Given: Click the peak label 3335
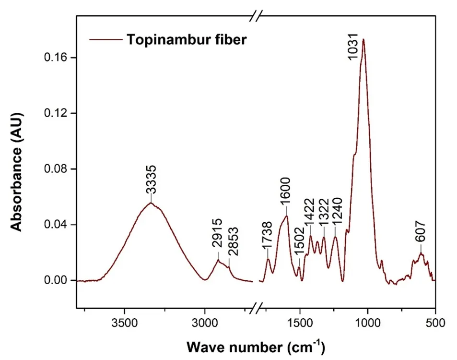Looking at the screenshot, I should click(151, 180).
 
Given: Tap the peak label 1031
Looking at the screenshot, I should click(353, 48).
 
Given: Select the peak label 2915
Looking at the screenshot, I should click(218, 239).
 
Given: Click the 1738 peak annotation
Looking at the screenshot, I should click(268, 236).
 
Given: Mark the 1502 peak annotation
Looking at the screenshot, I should click(299, 250).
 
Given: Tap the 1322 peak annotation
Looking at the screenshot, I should click(324, 215).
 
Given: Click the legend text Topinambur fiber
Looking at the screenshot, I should click(187, 40).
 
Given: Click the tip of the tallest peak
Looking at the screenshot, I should click(363, 39).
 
